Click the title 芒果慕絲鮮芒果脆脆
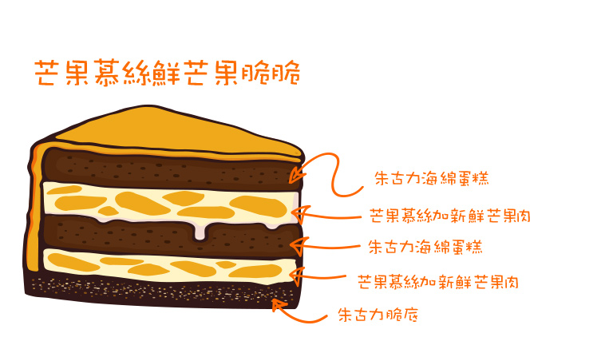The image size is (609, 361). (167, 73)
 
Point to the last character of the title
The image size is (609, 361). (287, 73)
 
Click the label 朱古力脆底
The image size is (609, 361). (378, 315)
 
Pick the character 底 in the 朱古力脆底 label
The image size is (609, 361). (410, 315)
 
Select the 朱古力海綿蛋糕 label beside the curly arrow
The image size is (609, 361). (432, 178)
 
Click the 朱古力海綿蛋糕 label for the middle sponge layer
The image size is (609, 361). (425, 247)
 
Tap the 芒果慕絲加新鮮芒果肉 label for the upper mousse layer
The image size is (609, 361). (449, 216)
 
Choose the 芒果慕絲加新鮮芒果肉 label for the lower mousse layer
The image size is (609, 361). (438, 282)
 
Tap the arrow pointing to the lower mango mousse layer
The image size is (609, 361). (318, 276)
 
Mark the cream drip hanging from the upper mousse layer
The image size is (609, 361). (200, 232)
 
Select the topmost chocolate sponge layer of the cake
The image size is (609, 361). (171, 169)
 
